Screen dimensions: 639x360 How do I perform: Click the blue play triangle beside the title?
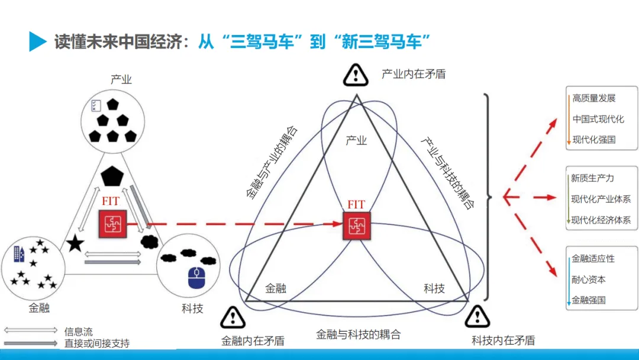pyautogui.click(x=37, y=41)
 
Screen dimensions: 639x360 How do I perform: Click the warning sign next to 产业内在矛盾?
pyautogui.click(x=356, y=75)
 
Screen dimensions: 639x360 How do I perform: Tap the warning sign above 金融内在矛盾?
pyautogui.click(x=233, y=318)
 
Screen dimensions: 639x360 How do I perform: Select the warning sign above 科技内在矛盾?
pyautogui.click(x=477, y=316)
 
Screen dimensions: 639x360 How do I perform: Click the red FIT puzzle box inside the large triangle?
pyautogui.click(x=357, y=226)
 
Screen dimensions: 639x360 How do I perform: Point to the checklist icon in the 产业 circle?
pyautogui.click(x=96, y=105)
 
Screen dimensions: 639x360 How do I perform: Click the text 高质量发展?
pyautogui.click(x=594, y=98)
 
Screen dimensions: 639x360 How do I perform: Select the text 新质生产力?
pyautogui.click(x=592, y=178)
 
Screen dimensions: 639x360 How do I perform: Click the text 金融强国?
pyautogui.click(x=588, y=300)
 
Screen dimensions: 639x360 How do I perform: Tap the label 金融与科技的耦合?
pyautogui.click(x=358, y=335)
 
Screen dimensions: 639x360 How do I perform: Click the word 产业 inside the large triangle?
pyautogui.click(x=356, y=140)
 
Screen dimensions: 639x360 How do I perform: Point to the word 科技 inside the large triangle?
pyautogui.click(x=434, y=288)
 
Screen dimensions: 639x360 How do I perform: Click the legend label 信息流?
pyautogui.click(x=79, y=332)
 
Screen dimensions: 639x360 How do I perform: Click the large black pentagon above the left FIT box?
pyautogui.click(x=112, y=176)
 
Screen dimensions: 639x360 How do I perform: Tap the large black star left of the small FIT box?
pyautogui.click(x=75, y=243)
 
